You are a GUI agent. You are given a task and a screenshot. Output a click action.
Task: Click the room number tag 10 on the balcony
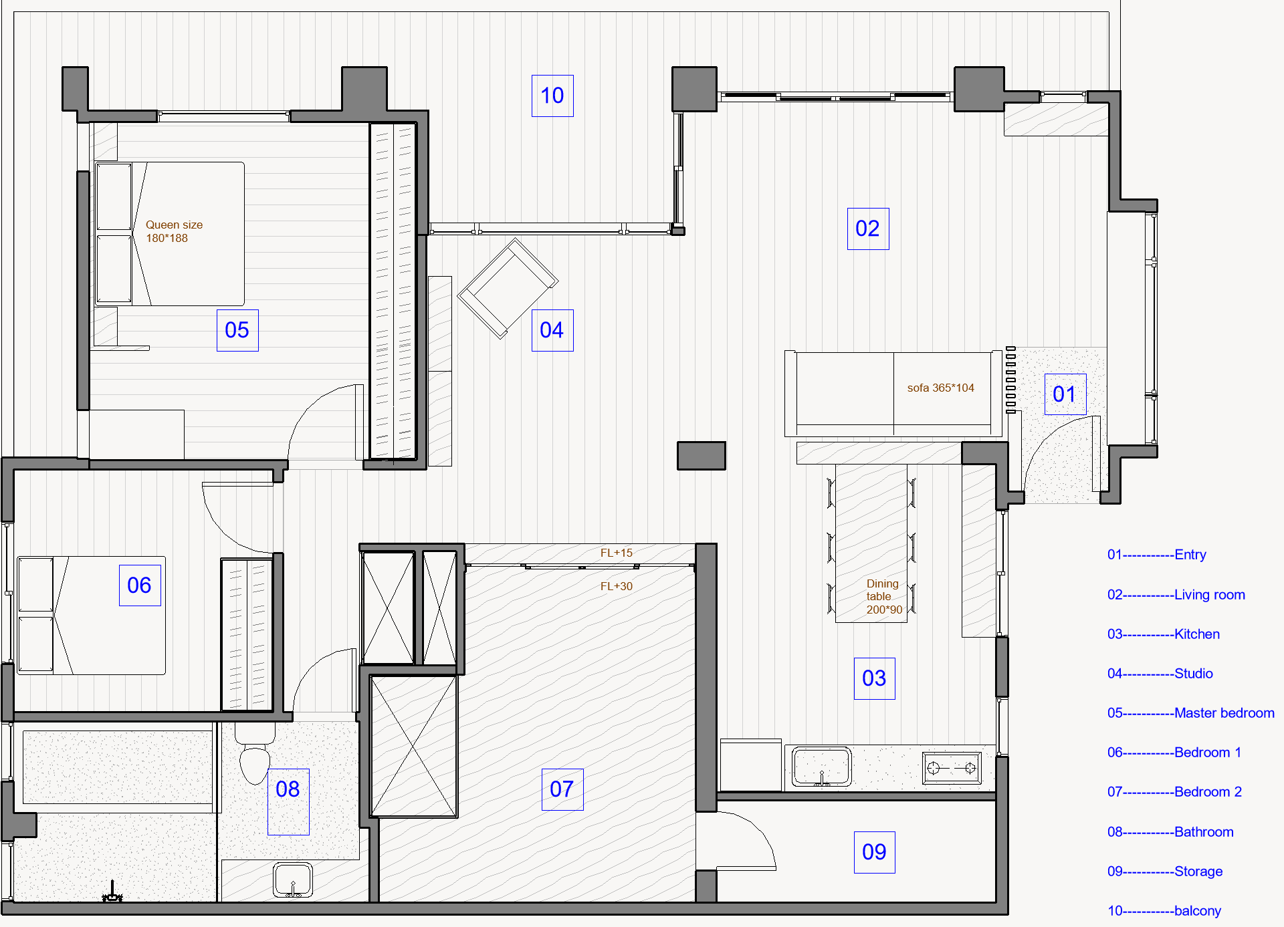pos(552,96)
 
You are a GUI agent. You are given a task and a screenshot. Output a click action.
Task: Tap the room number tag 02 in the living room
pos(868,229)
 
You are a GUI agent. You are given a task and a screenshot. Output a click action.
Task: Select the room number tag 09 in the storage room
pos(875,852)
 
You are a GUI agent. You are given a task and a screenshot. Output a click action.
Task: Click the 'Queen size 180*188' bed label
pos(174,231)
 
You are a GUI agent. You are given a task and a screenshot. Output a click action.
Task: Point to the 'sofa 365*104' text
pos(940,388)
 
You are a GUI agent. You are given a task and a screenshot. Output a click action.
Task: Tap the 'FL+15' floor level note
pos(616,553)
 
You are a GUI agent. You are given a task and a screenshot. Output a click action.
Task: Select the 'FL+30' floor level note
pos(616,586)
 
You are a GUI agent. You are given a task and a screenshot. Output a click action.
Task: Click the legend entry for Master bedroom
pos(1191,713)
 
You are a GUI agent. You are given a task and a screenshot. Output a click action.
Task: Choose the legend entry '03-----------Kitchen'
pos(1164,634)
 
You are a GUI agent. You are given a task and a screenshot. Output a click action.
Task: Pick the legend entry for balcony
pos(1164,911)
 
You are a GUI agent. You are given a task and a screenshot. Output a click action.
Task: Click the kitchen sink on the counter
pos(822,767)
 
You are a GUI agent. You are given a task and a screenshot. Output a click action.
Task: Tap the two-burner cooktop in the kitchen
pos(953,768)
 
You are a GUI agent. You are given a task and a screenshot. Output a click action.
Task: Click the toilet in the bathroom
pos(255,755)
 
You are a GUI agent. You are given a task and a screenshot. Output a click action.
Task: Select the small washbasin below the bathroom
pos(293,880)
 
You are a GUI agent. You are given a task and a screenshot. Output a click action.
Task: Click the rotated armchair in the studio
pos(508,289)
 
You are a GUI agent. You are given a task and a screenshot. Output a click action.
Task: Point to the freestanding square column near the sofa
pos(702,456)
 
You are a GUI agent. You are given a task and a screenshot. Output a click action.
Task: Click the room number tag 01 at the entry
pos(1065,394)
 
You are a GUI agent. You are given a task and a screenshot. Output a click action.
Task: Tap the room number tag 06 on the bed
pos(140,585)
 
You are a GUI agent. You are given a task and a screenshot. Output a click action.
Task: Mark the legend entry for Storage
pos(1165,872)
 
